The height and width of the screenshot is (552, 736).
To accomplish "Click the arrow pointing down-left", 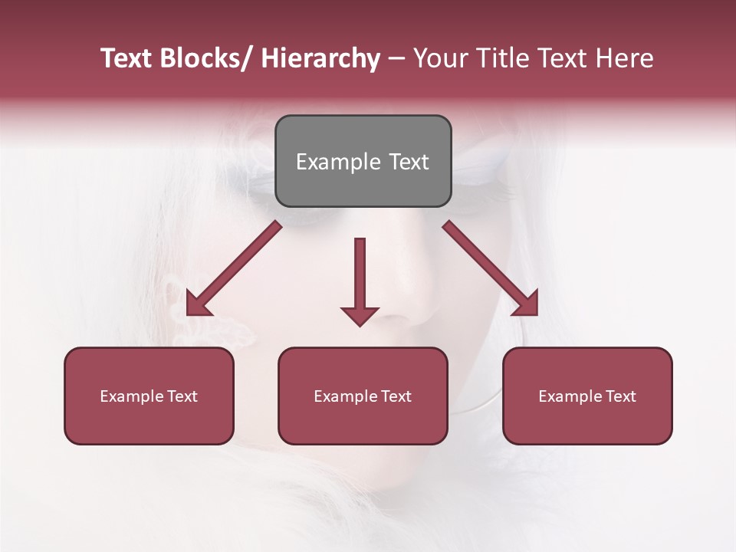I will pyautogui.click(x=234, y=268).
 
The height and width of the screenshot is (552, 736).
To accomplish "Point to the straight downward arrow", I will pyautogui.click(x=360, y=276).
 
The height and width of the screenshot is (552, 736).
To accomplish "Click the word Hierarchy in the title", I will pyautogui.click(x=320, y=58).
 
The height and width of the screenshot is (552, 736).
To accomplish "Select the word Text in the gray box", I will pyautogui.click(x=408, y=162).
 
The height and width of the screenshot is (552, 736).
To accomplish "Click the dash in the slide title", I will pyautogui.click(x=396, y=58).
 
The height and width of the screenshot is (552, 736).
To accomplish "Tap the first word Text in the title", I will pyautogui.click(x=127, y=58).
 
